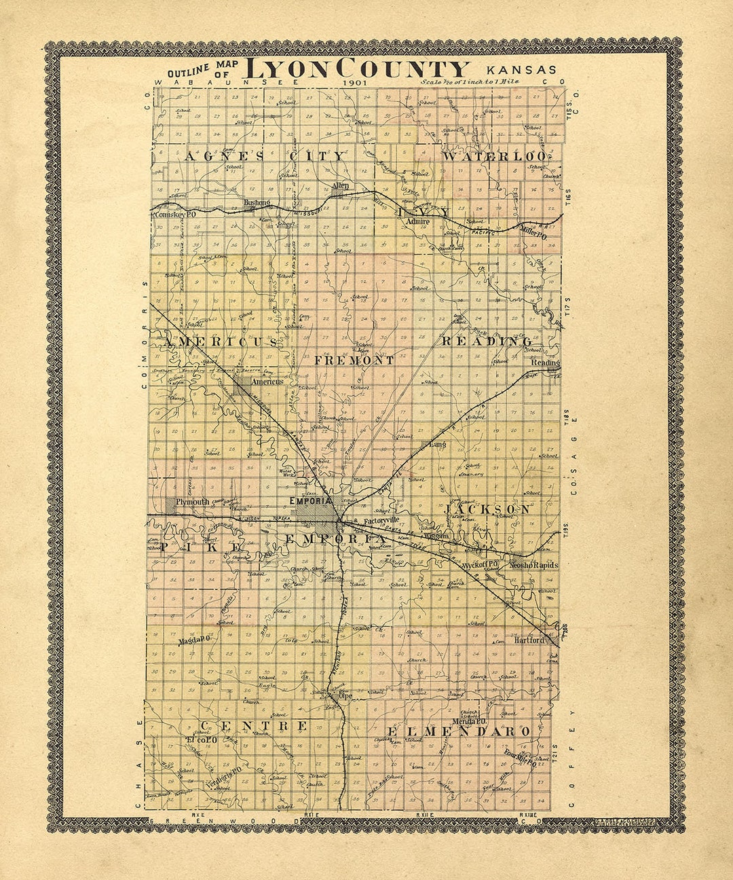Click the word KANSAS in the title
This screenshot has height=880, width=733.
pos(521,69)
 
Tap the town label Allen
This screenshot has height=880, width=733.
pos(340,185)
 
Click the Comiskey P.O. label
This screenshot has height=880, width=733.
pos(175,214)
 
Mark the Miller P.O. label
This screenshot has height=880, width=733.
pos(533,233)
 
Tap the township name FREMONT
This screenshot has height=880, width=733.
pos(354,361)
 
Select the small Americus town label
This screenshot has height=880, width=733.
pos(266,382)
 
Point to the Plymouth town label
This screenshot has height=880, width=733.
pos(193,502)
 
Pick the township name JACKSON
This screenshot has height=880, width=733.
pos(488,509)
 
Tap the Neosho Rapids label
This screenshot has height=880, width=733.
pos(535,565)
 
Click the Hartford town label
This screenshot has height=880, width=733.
pos(529,640)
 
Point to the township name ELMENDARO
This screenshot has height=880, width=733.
pos(458,731)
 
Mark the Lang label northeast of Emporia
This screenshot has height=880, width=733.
pos(436,445)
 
